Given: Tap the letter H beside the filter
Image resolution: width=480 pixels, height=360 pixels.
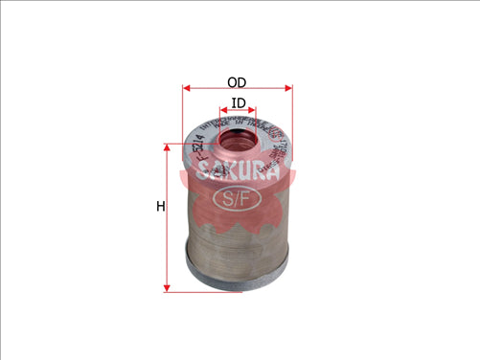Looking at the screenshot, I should (160, 207).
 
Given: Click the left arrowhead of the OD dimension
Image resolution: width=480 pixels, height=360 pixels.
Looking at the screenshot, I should (186, 88).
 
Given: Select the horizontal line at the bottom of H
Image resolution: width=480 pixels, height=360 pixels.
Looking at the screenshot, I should (182, 290).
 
